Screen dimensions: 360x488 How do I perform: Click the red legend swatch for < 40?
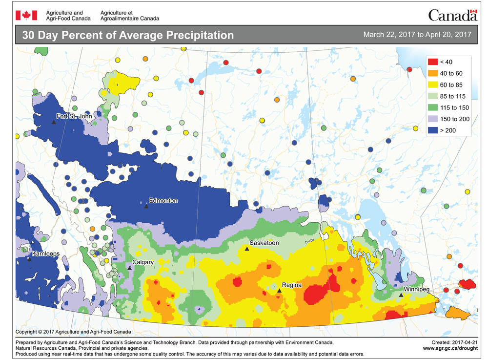pos(432,62)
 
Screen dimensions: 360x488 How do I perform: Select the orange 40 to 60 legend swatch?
pos(432,73)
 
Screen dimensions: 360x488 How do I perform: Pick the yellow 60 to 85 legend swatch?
pos(432,85)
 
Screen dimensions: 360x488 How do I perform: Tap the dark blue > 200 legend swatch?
pos(432,129)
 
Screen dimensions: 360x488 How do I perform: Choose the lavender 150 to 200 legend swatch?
pos(432,118)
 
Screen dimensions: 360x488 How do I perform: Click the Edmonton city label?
pos(164,201)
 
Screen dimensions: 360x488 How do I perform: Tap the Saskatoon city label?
pos(264,243)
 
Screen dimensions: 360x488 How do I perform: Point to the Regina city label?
pos(292,285)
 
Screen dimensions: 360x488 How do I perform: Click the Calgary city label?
pos(143,262)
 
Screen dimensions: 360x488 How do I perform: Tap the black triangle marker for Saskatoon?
pos(247,249)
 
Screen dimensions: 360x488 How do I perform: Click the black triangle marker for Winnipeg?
pos(401,295)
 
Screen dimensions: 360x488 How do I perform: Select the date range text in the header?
pos(417,35)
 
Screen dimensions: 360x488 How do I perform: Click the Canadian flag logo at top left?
pos(23,15)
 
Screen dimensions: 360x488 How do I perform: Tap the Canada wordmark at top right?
pos(452,15)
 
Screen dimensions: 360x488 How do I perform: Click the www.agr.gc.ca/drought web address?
pos(449,348)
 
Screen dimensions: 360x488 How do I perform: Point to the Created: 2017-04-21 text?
pos(453,342)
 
